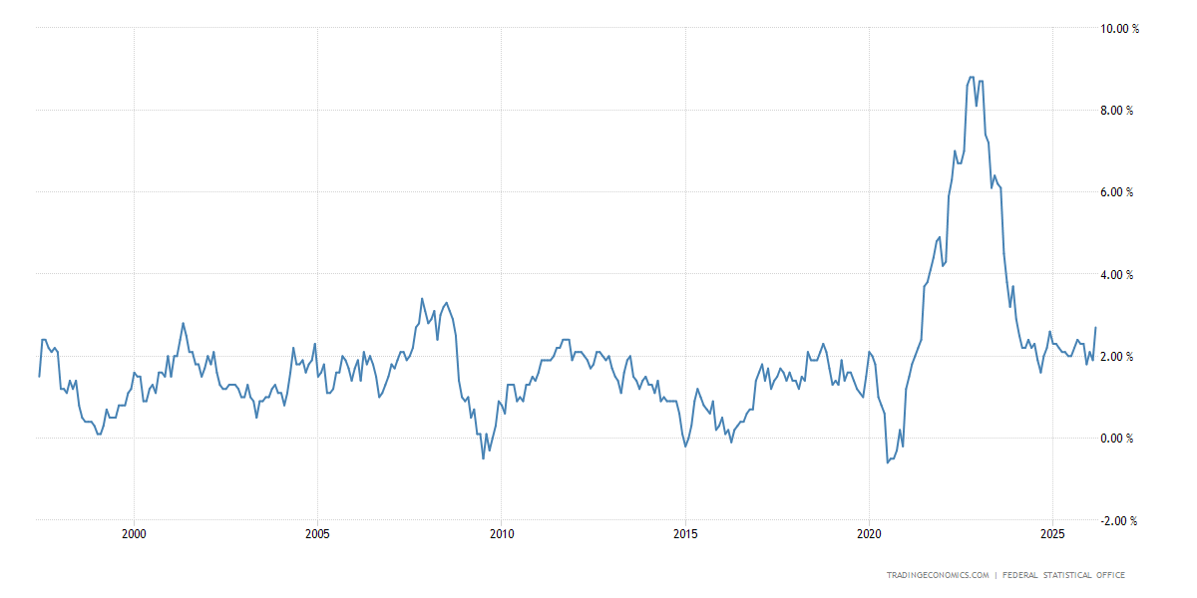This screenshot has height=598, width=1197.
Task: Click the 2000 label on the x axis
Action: coord(134,534)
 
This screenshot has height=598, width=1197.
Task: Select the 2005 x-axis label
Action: coord(317,534)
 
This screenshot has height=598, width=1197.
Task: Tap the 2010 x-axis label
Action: coord(502,534)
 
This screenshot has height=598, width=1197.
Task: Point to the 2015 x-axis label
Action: coord(685,534)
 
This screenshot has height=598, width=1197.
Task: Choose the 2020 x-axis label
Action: coord(870,534)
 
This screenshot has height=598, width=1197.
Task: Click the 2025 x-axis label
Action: coord(1053,534)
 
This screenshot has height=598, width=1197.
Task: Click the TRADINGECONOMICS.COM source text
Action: coord(938,575)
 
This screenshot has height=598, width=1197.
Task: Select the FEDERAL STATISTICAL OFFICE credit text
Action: coord(1064,575)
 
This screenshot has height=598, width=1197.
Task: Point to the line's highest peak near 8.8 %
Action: coord(971,77)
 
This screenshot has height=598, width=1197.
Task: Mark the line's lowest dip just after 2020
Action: coord(888,462)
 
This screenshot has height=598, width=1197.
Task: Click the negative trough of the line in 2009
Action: coord(484,458)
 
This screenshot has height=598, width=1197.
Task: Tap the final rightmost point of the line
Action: coord(1096,328)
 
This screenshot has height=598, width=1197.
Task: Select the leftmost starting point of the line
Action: coord(39,376)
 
